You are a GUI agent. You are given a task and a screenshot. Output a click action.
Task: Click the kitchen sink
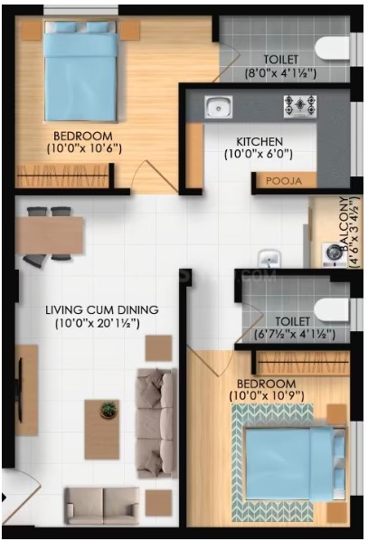pyautogui.click(x=218, y=107)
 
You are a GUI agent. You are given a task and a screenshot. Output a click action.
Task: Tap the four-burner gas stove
pyautogui.click(x=300, y=106)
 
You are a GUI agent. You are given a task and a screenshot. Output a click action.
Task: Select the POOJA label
pyautogui.click(x=284, y=181)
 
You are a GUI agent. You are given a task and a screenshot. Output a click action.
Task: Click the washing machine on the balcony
pyautogui.click(x=334, y=255)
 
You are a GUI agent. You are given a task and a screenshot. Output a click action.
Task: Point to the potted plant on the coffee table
pyautogui.click(x=109, y=410)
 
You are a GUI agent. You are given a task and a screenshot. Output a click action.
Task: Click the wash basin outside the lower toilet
pyautogui.click(x=269, y=258)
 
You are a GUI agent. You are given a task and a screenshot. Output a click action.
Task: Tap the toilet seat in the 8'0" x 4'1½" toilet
pyautogui.click(x=333, y=49)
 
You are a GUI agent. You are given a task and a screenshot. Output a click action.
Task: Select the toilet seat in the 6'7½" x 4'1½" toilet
pyautogui.click(x=332, y=309)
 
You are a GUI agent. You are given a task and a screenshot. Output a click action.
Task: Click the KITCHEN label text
pyautogui.click(x=259, y=141)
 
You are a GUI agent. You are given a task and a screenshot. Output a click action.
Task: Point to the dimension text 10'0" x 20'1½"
pyautogui.click(x=98, y=324)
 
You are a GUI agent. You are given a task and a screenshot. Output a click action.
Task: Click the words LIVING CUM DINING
pyautogui.click(x=102, y=309)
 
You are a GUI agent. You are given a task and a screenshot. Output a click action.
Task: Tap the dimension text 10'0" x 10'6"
pyautogui.click(x=84, y=148)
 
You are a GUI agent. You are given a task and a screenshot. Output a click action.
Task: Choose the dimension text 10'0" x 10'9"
pyautogui.click(x=267, y=395)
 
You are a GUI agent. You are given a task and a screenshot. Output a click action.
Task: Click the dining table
pyautogui.click(x=50, y=235)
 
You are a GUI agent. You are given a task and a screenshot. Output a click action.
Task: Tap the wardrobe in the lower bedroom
pyautogui.click(x=303, y=362)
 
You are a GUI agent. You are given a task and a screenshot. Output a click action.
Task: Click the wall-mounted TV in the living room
pyautogui.click(x=20, y=390)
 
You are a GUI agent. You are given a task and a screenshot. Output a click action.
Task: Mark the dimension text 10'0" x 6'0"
pyautogui.click(x=259, y=154)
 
